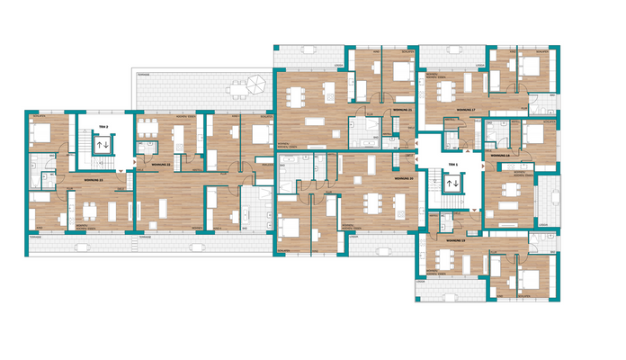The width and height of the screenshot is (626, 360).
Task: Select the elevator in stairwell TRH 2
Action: coord(102,144)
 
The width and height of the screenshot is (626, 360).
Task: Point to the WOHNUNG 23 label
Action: coord(93,180)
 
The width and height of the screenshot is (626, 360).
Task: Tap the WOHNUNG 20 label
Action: coord(404,179)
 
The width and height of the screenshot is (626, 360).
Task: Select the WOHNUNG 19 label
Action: coord(455,241)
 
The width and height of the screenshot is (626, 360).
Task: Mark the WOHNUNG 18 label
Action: coord(501,155)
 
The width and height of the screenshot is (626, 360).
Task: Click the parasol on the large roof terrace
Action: coord(255,85)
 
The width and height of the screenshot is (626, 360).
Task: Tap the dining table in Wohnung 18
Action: coord(511,190)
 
